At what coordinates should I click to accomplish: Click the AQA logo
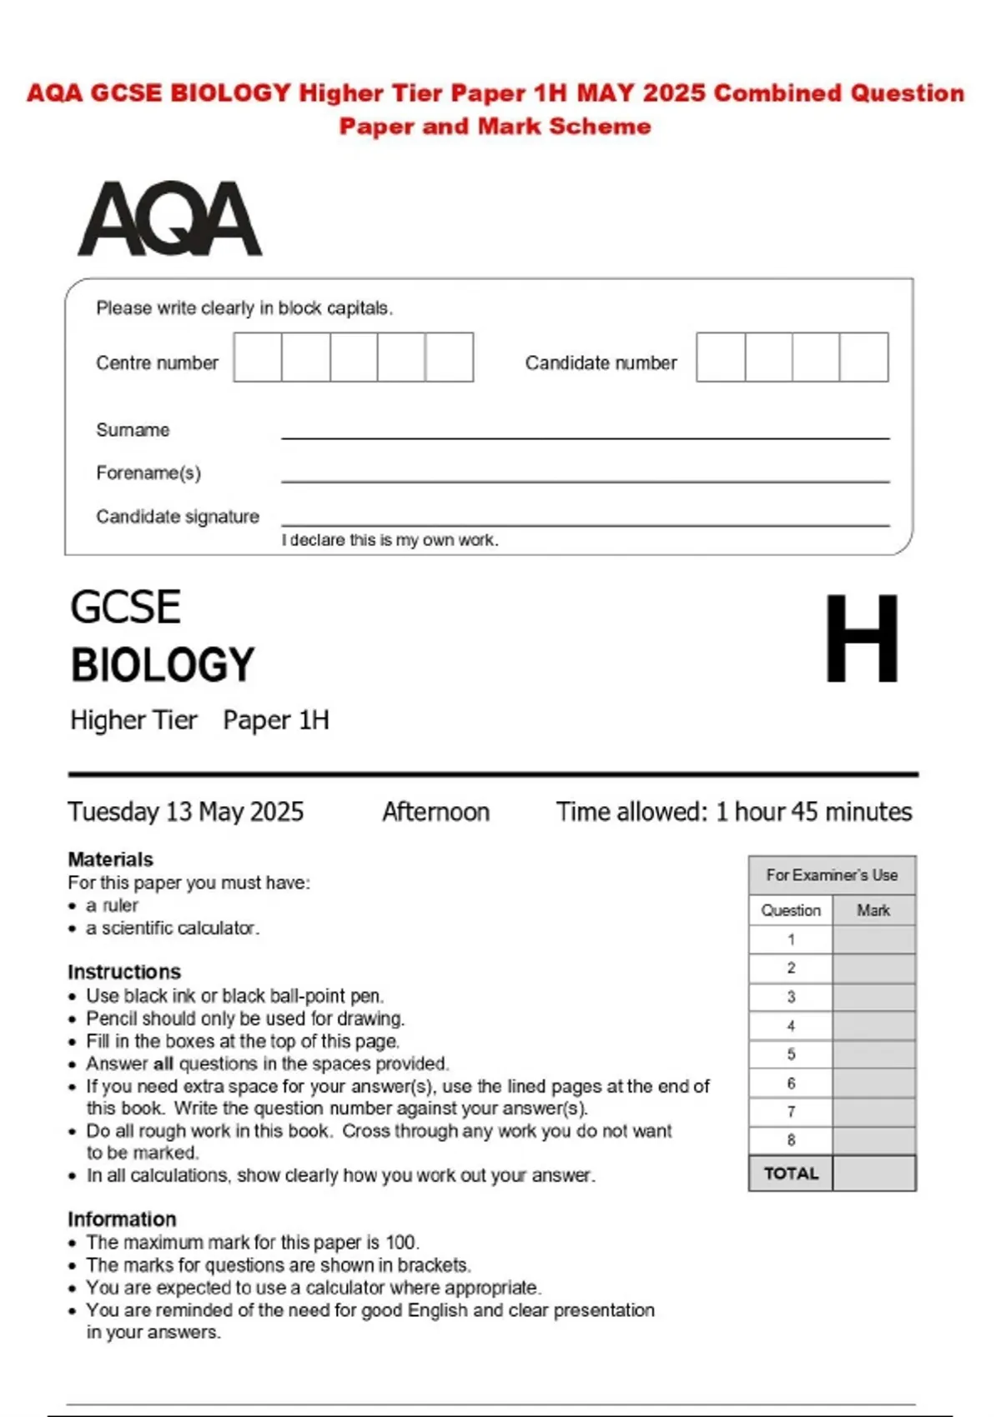(169, 219)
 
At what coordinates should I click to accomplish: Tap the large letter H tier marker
(862, 638)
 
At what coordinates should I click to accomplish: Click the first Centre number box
(258, 358)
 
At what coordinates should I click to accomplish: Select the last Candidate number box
(864, 358)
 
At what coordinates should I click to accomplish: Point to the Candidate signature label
(178, 517)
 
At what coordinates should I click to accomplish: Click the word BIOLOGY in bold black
(163, 665)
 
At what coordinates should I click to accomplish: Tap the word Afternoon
(435, 812)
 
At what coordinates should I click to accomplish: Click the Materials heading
(111, 859)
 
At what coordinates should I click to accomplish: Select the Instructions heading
(124, 972)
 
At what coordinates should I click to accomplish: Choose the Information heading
(122, 1219)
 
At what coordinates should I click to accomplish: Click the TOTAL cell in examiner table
(791, 1174)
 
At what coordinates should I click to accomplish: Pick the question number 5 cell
(791, 1054)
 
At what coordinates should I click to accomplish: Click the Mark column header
(873, 910)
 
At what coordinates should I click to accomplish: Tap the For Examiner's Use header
(832, 875)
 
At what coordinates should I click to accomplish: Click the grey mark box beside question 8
(873, 1140)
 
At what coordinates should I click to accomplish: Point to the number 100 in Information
(400, 1242)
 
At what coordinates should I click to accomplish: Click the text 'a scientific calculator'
(173, 928)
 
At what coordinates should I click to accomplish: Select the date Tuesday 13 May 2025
(186, 812)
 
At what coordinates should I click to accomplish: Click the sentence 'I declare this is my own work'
(390, 540)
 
